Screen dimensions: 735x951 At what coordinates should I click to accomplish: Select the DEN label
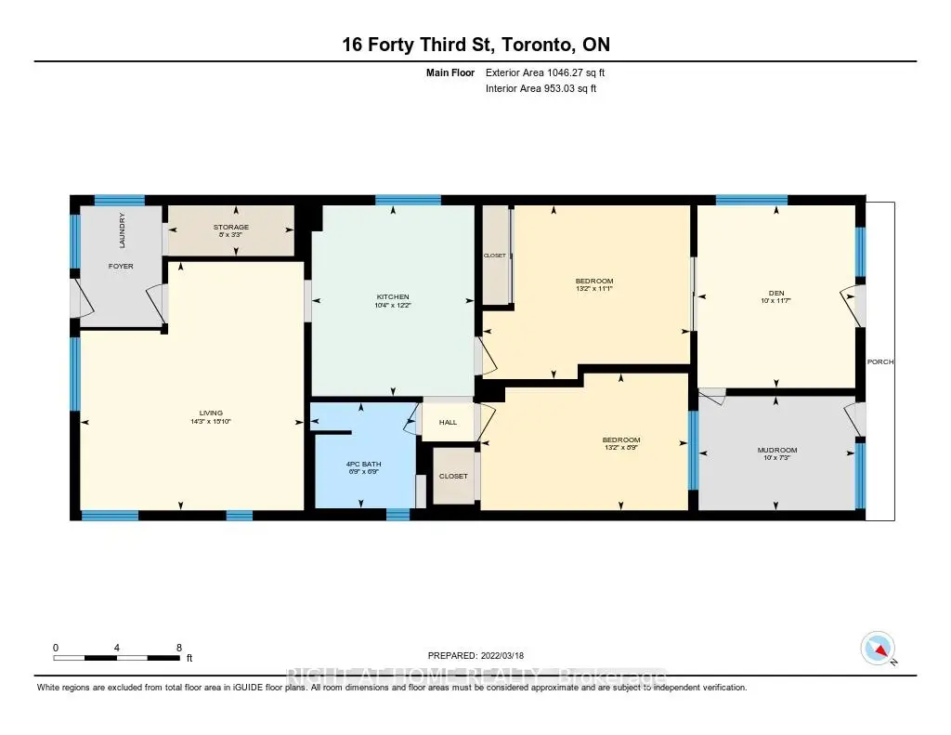pyautogui.click(x=776, y=291)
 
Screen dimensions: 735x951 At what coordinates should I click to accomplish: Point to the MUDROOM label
pyautogui.click(x=776, y=451)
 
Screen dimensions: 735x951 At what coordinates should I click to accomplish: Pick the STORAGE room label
pyautogui.click(x=231, y=227)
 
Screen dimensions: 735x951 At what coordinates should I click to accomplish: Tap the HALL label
pyautogui.click(x=449, y=422)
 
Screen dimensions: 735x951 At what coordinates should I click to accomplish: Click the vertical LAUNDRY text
pyautogui.click(x=122, y=230)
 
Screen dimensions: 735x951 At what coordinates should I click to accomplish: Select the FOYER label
pyautogui.click(x=121, y=266)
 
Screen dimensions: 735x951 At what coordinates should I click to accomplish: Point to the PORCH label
pyautogui.click(x=879, y=361)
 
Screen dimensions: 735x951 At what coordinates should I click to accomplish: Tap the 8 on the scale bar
pyautogui.click(x=178, y=647)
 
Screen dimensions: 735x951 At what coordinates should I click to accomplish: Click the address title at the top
pyautogui.click(x=475, y=45)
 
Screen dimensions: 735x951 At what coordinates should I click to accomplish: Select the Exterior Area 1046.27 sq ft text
pyautogui.click(x=545, y=72)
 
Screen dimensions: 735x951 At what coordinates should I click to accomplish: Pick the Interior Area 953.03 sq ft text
pyautogui.click(x=541, y=89)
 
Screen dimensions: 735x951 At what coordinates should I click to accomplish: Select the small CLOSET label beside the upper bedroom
pyautogui.click(x=494, y=256)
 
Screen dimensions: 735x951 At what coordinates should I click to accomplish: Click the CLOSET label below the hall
pyautogui.click(x=453, y=476)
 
